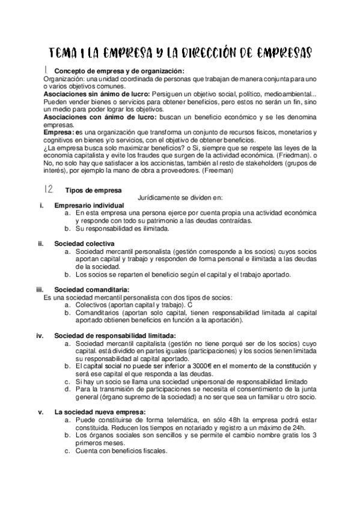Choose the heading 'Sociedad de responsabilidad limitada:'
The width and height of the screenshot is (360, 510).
click(115, 335)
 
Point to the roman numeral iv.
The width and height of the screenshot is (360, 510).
click(41, 335)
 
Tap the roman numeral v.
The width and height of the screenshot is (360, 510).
click(41, 411)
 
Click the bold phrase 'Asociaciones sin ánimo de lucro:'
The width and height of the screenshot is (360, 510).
click(97, 94)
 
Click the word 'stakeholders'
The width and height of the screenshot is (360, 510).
click(282, 163)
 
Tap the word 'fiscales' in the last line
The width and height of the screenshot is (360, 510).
click(154, 451)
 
